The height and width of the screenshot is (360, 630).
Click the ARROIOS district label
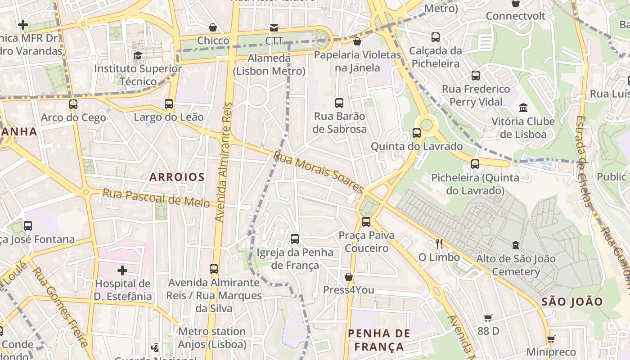pos(177,177)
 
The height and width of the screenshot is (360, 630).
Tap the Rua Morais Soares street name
pos(318,172)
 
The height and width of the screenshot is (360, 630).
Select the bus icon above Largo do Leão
pos(169,104)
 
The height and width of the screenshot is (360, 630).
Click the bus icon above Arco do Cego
pos(73,104)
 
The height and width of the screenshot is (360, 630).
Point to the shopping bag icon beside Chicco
pos(213,27)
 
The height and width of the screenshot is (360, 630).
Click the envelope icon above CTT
pos(274,28)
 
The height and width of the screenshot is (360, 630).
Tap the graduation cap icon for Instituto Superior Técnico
pos(138,55)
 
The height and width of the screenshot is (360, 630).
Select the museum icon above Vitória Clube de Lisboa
pos(523,108)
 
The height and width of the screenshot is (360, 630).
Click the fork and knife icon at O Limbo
pos(439,244)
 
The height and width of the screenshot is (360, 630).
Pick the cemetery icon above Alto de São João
pos(516,245)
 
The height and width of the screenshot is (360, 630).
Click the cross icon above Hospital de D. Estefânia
pos(122,270)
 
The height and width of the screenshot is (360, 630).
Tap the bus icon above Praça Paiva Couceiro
pos(366,221)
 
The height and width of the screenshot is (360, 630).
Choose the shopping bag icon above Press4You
pos(348,277)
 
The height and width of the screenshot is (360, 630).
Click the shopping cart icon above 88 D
pos(488,318)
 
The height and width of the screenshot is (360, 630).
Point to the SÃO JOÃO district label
pos(572,302)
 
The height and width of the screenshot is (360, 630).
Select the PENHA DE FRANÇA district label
pos(379,340)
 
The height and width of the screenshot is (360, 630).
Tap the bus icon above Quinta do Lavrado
pos(417,133)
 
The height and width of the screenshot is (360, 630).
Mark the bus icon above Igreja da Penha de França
pos(295,239)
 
